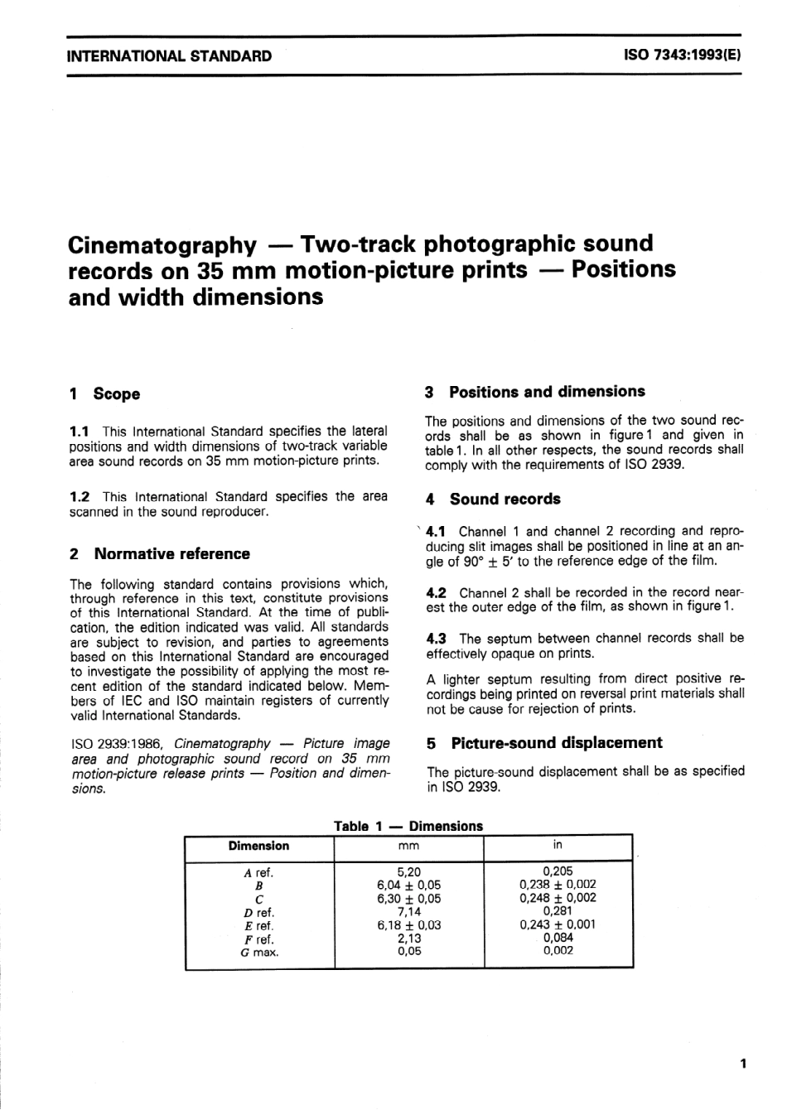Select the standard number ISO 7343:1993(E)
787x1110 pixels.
[683, 56]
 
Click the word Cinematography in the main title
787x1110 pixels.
[162, 244]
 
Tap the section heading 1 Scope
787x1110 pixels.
[105, 394]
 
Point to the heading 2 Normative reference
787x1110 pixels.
[160, 554]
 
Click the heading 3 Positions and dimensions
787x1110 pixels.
[535, 392]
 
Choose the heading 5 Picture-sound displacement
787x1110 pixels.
[544, 743]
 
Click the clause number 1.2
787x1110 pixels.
[80, 497]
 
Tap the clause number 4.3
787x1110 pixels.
[436, 639]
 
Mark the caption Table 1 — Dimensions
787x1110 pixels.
[408, 826]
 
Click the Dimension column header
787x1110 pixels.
[258, 846]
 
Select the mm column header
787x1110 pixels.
[408, 846]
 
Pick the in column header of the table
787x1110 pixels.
[558, 845]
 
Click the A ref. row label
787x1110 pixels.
[258, 872]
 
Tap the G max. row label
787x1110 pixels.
[258, 953]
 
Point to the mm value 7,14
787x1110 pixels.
[408, 912]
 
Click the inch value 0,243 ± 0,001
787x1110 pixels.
[558, 924]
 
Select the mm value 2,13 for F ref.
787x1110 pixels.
[408, 939]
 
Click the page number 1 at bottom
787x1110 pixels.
[742, 1064]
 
